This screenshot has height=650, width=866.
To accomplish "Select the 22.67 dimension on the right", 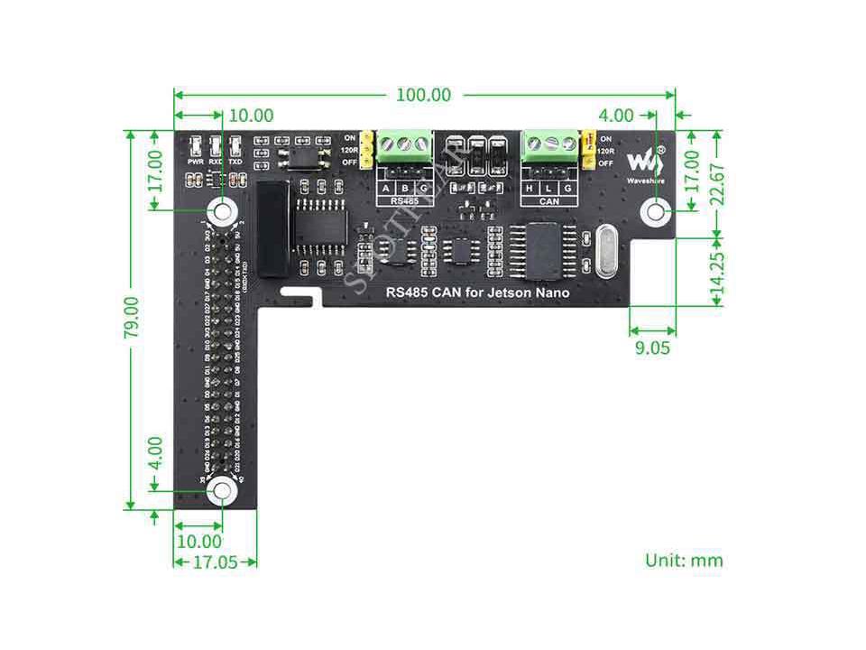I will point(717,184).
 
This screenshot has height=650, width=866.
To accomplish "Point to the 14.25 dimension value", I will point(717,272).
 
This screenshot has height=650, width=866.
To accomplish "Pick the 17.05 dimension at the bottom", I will point(216,562).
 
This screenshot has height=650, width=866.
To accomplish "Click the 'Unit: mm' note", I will point(684,560).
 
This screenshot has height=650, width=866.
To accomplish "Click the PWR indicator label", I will point(196,161).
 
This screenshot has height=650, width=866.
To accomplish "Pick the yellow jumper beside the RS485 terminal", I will point(368,150).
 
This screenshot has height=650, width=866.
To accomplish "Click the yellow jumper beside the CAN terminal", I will point(586,150).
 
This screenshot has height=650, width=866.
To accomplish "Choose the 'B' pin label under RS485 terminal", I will point(405,188).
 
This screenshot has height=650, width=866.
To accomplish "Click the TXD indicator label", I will point(235,161).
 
